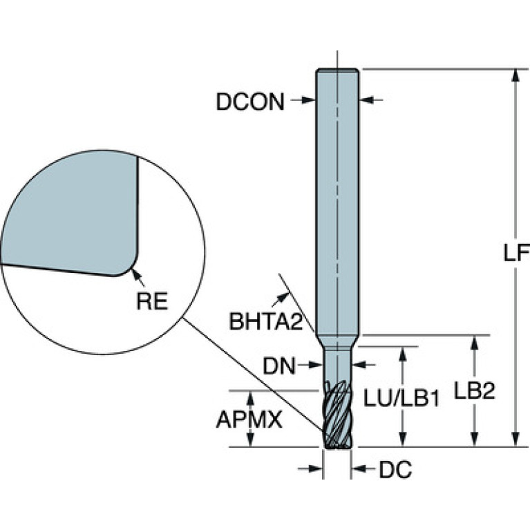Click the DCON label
(x=250, y=102)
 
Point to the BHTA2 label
(x=265, y=321)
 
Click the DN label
(x=279, y=366)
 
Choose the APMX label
(x=249, y=420)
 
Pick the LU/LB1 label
(x=401, y=397)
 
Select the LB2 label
(x=474, y=391)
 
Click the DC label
(x=395, y=469)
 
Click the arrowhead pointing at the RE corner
(x=135, y=274)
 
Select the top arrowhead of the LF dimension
(x=515, y=75)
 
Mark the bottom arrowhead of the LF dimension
(x=515, y=440)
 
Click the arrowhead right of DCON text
(x=307, y=100)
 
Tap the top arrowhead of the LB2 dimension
(x=475, y=342)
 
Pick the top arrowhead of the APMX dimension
(x=250, y=398)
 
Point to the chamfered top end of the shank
(x=337, y=70)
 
